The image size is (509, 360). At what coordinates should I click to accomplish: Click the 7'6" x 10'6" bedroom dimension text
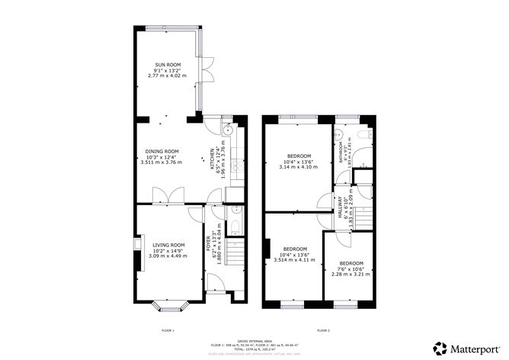pos(351,268)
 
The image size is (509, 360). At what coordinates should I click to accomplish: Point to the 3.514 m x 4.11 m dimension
pos(294,260)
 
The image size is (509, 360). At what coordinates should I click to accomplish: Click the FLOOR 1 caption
pos(168,330)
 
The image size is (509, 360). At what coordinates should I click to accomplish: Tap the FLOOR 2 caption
pos(323,330)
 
